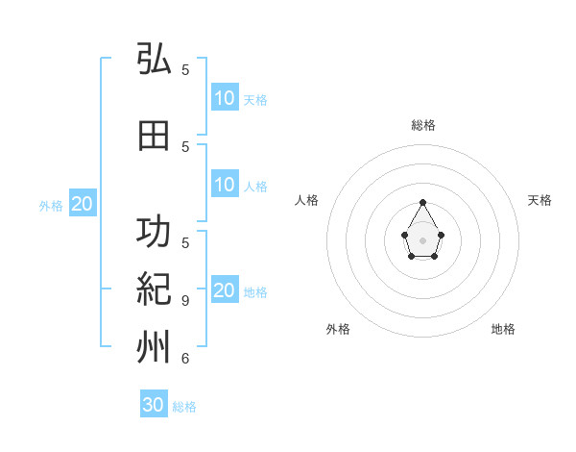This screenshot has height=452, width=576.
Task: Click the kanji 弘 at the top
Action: pyautogui.click(x=154, y=60)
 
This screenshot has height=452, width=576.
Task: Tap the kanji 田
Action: pyautogui.click(x=154, y=137)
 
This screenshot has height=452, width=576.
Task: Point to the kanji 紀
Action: pyautogui.click(x=154, y=289)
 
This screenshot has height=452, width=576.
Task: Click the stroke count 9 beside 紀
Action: pyautogui.click(x=185, y=301)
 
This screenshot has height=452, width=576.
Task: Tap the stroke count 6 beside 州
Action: pyautogui.click(x=185, y=359)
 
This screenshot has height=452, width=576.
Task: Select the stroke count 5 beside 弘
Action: pyautogui.click(x=185, y=70)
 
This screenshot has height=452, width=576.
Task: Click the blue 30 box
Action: pyautogui.click(x=154, y=405)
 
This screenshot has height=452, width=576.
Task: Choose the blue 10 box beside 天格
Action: pyautogui.click(x=225, y=98)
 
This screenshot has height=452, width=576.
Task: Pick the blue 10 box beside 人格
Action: pyautogui.click(x=225, y=185)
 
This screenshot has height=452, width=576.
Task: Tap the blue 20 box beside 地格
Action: pyautogui.click(x=225, y=290)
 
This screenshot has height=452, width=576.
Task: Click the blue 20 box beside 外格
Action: pyautogui.click(x=83, y=204)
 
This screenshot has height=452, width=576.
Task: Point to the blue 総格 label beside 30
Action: pyautogui.click(x=184, y=407)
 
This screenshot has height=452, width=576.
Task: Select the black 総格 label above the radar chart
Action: pyautogui.click(x=423, y=125)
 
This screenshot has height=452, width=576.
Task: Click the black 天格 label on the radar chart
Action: pyautogui.click(x=540, y=200)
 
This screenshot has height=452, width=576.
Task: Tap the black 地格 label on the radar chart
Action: pyautogui.click(x=503, y=329)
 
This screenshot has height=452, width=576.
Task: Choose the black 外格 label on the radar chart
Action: pyautogui.click(x=338, y=329)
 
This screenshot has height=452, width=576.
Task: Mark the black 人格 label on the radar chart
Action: pyautogui.click(x=306, y=200)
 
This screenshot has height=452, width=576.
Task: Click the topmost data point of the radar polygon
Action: pyautogui.click(x=423, y=202)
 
